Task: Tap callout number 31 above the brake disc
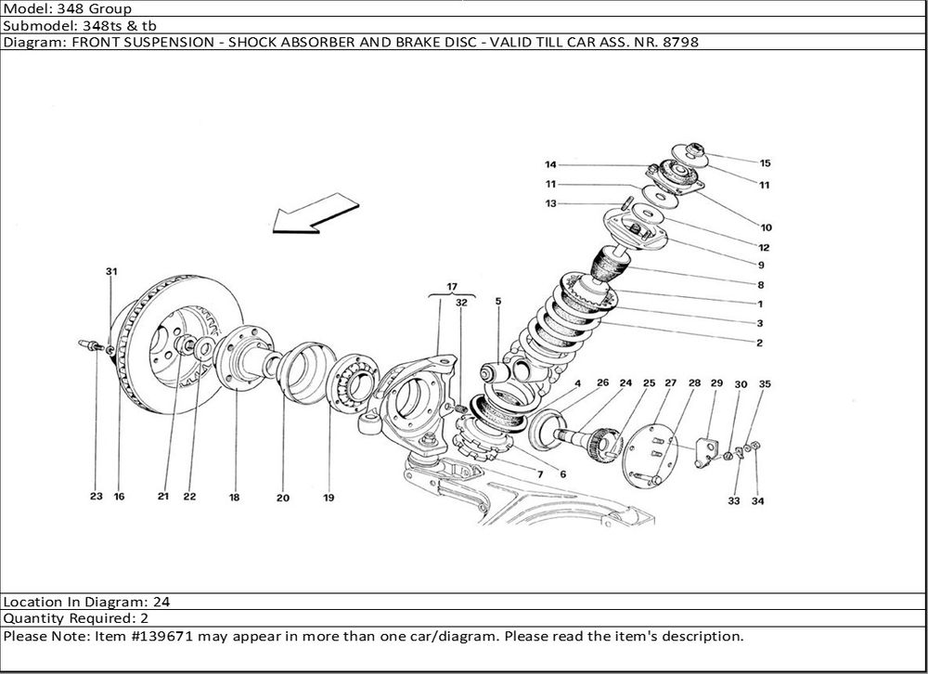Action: click(111, 272)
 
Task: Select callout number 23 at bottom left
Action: click(96, 497)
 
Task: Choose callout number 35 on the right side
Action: click(765, 383)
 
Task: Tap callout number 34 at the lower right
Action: click(758, 501)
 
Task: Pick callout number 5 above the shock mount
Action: click(497, 302)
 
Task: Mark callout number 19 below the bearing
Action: click(329, 498)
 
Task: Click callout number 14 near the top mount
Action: click(550, 165)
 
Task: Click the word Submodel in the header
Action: click(32, 26)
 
